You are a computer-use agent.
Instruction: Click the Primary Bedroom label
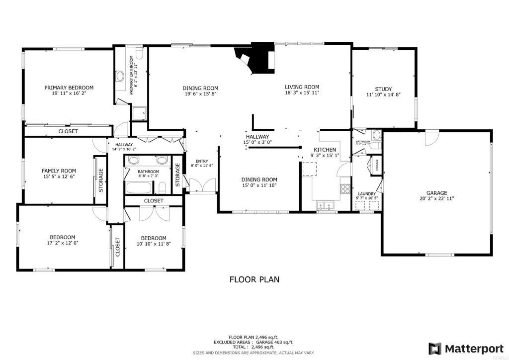tap(69, 88)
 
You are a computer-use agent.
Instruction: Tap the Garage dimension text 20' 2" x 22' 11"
tap(436, 198)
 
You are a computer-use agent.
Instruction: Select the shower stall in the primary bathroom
tap(140, 113)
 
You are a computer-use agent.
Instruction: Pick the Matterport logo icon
tap(435, 348)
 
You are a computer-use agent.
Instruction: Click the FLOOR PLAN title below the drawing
tap(254, 279)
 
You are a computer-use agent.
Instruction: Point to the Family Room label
tap(59, 171)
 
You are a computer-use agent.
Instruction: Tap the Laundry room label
tap(367, 194)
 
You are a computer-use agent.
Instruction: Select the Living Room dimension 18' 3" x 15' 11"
tap(302, 92)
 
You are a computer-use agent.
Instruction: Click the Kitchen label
tap(325, 150)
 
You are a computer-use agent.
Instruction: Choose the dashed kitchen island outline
tap(310, 169)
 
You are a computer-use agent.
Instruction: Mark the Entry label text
tap(202, 161)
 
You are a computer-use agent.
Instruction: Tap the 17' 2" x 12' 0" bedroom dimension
tap(62, 243)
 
